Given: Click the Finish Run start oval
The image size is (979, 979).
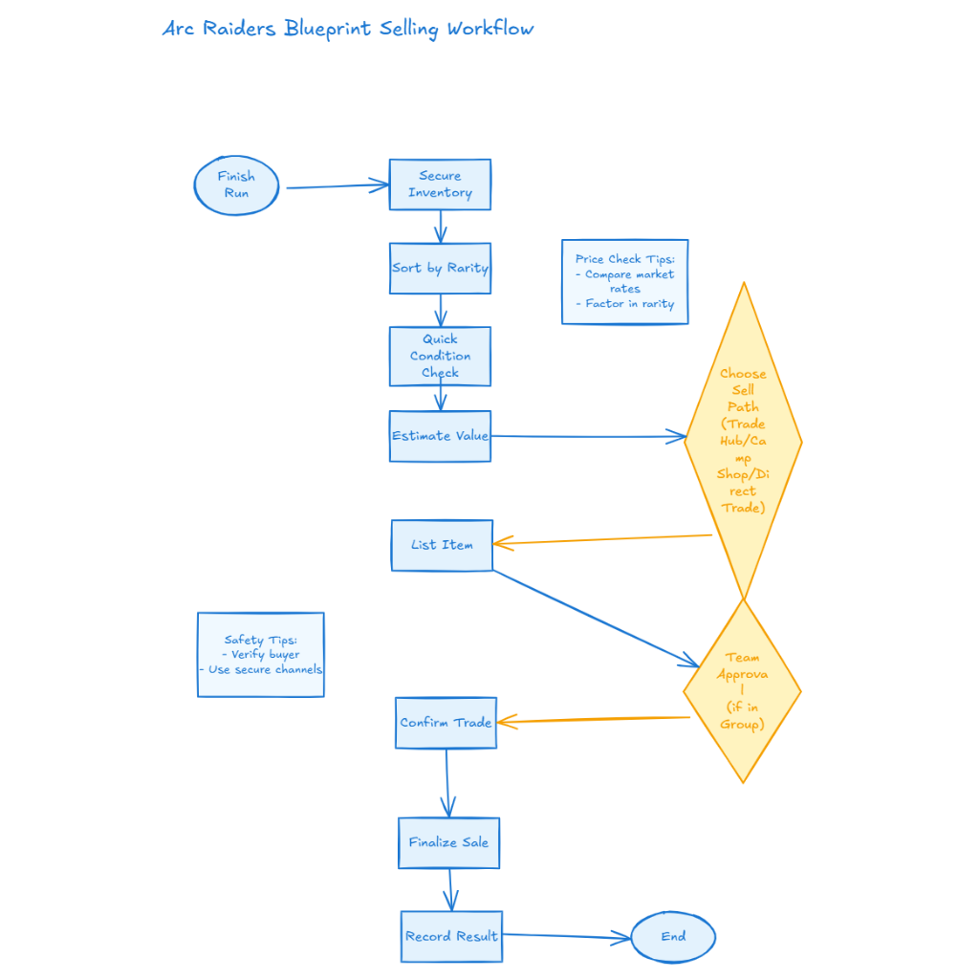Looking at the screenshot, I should click(x=236, y=185).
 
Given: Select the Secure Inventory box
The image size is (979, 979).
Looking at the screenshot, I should click(x=440, y=185).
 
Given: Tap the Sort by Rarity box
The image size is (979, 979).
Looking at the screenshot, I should click(x=440, y=269).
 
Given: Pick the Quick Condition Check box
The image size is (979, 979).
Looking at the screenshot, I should click(x=440, y=356).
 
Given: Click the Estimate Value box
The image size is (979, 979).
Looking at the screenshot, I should click(x=440, y=436).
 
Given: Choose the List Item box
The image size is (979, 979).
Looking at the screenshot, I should click(x=442, y=545).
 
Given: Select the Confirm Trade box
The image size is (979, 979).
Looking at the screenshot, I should click(x=446, y=723).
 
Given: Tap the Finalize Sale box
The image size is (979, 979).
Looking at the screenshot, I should click(x=448, y=842).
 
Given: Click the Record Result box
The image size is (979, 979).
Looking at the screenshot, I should click(x=451, y=936).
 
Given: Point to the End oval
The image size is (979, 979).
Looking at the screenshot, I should click(x=673, y=937).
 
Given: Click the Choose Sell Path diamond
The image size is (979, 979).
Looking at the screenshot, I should click(x=743, y=441).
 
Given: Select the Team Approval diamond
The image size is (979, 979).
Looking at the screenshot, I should click(x=742, y=690).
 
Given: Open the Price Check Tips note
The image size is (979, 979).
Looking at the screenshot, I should click(x=624, y=282).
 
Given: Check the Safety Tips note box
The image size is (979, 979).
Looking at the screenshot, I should click(x=260, y=655).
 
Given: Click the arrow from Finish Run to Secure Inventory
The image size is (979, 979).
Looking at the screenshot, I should click(x=335, y=186).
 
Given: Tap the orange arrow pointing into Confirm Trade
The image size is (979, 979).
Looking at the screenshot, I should click(x=593, y=719).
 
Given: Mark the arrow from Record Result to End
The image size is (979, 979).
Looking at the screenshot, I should click(x=566, y=937).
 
